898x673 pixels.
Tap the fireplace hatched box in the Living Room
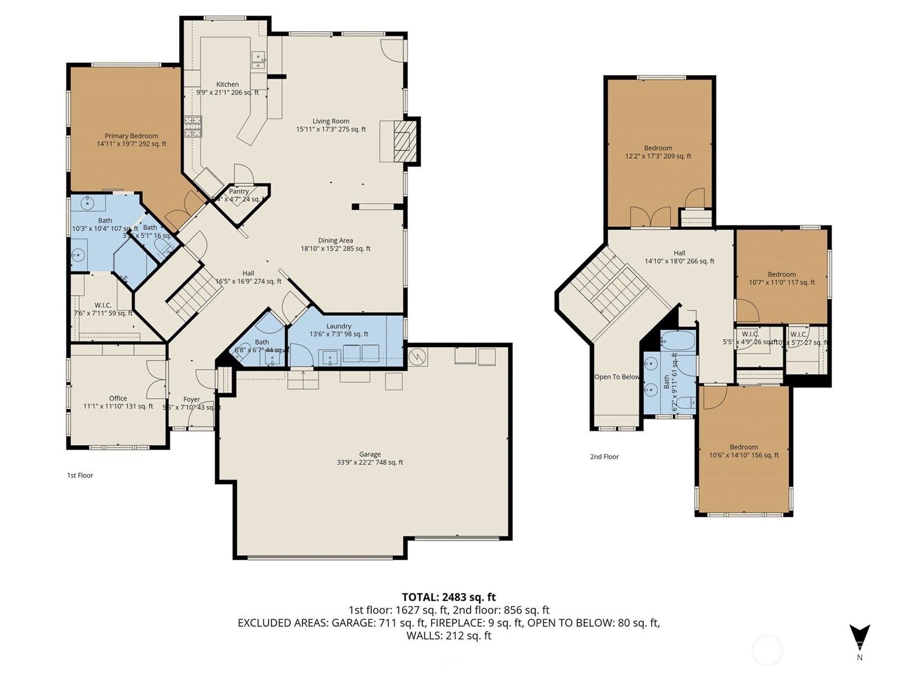tap(405, 141)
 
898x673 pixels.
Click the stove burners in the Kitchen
tap(193, 126)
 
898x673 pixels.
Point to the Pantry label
tap(239, 191)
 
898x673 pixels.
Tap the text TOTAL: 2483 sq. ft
tap(448, 597)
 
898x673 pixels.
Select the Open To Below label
tap(617, 377)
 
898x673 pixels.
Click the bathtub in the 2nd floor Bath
tap(678, 340)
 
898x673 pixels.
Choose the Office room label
tap(118, 398)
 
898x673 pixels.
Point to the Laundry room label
tap(338, 326)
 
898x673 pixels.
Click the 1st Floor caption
tap(80, 475)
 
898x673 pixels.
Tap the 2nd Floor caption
tap(604, 457)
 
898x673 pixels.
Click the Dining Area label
tap(335, 241)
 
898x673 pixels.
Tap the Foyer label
tap(191, 399)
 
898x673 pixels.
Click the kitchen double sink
tap(258, 61)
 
